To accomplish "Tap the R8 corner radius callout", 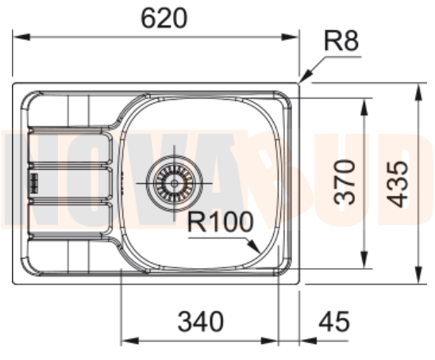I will point(342,42).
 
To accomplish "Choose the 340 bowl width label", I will point(200,322).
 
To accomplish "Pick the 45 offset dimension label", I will point(333,322).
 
